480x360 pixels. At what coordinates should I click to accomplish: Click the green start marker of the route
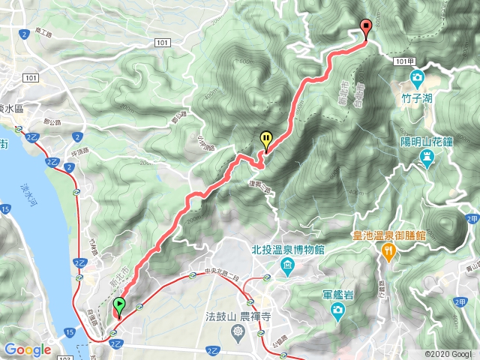tap(119, 306)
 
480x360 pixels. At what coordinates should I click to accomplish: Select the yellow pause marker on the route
tap(265, 138)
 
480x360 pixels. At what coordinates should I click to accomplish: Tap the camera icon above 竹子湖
tap(415, 77)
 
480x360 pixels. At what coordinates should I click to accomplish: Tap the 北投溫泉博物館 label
tap(287, 250)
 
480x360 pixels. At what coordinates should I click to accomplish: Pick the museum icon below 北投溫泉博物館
tap(287, 265)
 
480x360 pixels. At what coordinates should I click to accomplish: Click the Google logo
tap(27, 350)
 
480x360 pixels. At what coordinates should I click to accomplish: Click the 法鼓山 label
tap(220, 316)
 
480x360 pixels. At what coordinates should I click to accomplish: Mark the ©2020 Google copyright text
tap(448, 354)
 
